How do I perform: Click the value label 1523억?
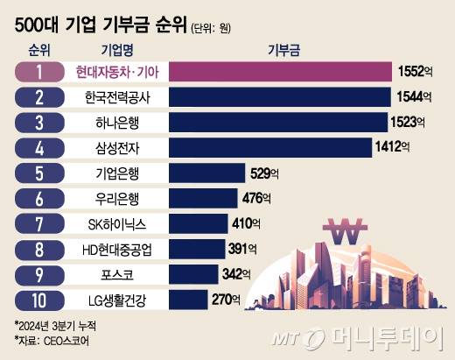(409, 122)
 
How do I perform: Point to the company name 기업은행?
(115, 173)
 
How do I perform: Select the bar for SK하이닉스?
(198, 223)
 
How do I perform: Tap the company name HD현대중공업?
(115, 249)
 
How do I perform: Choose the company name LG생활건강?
(115, 300)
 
